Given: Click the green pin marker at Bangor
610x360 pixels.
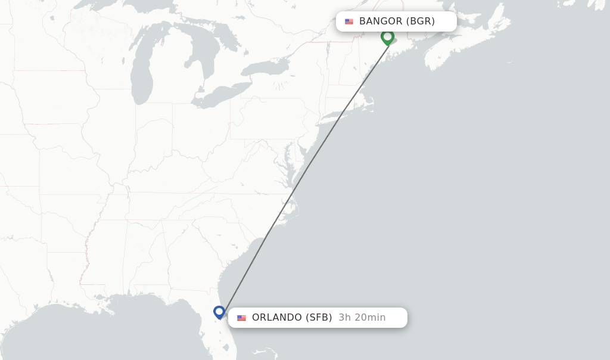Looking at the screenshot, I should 387,37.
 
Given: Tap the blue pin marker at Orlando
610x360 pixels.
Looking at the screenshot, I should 219,312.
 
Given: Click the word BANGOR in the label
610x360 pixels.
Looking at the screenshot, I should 381,21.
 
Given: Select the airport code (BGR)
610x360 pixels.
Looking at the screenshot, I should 421,21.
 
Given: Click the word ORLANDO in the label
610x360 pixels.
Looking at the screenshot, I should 277,318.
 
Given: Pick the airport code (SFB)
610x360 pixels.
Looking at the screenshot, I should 319,318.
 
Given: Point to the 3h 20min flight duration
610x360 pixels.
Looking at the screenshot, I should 362,318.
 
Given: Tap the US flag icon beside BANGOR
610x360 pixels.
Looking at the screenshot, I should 349,21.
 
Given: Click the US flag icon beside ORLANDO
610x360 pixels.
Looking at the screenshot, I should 241,318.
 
